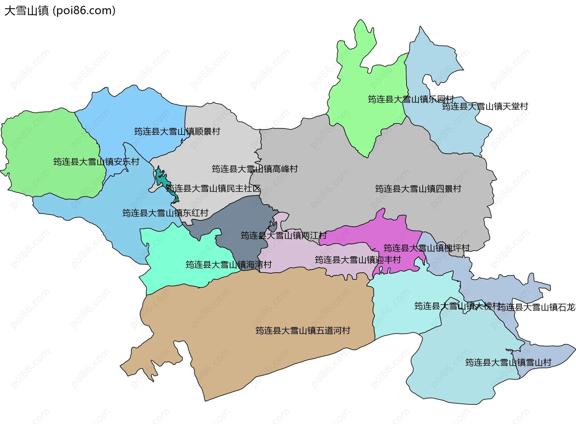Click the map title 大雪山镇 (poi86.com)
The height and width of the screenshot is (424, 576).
tap(60, 11)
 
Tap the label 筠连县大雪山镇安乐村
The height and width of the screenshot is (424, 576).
tap(96, 162)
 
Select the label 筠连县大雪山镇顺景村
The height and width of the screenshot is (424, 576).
tap(177, 131)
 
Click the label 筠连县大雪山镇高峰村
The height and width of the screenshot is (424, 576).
tap(255, 169)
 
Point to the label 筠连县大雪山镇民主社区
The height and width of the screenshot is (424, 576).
tap(213, 188)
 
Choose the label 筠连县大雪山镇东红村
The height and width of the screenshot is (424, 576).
tap(165, 213)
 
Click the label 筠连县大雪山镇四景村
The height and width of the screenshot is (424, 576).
tap(418, 189)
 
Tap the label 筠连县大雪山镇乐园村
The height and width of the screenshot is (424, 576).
tap(411, 99)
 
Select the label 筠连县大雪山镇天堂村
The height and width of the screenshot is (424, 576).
tap(485, 106)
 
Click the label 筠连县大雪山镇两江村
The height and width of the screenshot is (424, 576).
tap(283, 235)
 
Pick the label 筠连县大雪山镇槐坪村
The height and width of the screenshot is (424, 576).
tap(426, 248)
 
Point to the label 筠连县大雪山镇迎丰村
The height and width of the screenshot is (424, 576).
tap(358, 260)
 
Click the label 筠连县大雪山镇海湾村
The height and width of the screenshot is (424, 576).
tap(229, 264)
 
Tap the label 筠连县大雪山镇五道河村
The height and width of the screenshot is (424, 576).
tap(303, 330)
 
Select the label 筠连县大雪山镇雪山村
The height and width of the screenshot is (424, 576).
tap(508, 362)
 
